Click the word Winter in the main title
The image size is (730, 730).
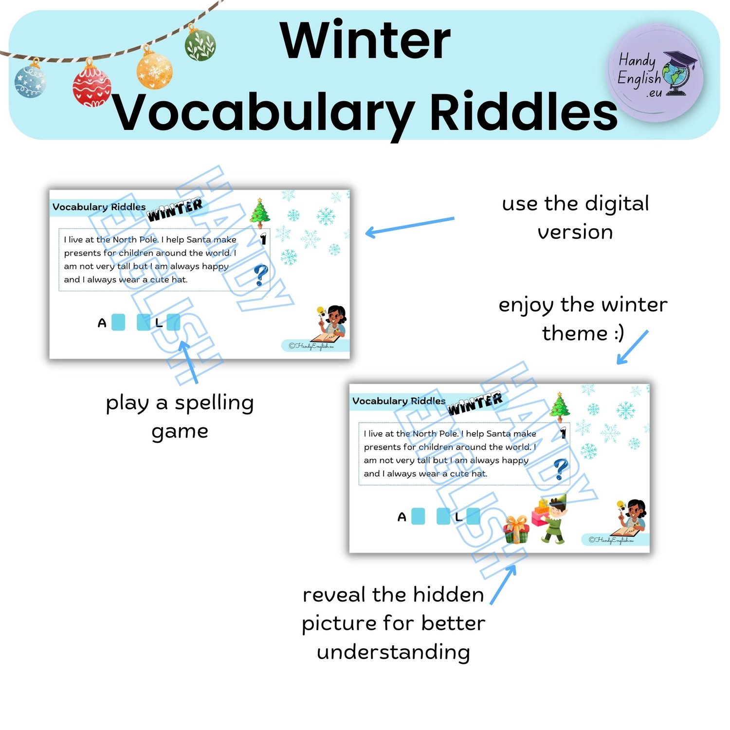click(x=365, y=41)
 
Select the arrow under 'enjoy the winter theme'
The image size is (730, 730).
click(x=633, y=347)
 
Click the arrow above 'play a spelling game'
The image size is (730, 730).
click(x=189, y=362)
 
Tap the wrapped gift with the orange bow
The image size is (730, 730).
click(x=515, y=529)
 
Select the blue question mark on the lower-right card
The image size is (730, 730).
click(x=561, y=469)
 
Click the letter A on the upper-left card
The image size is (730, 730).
click(x=102, y=323)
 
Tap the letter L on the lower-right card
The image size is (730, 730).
click(x=458, y=516)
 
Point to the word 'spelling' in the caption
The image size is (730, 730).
click(x=214, y=403)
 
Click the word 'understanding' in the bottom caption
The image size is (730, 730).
click(x=393, y=653)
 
